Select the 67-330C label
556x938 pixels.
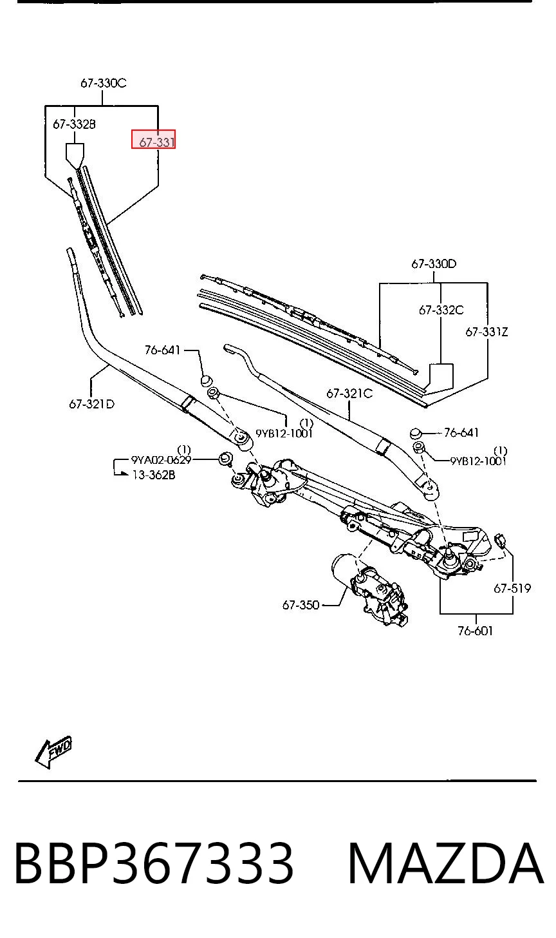coord(103,83)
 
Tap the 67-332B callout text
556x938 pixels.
coord(74,124)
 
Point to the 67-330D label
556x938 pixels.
coord(434,264)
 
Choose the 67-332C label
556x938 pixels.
coord(441,311)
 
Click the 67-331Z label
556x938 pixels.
coord(486,332)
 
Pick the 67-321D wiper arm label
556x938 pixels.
coord(91,404)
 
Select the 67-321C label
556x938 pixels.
coord(349,394)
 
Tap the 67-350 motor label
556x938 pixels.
coord(301,605)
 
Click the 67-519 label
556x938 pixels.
coord(512,588)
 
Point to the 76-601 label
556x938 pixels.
coord(476,631)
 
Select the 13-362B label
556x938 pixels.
coord(154,475)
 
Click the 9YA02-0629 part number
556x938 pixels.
coord(161,460)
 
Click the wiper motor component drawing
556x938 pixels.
coord(369,589)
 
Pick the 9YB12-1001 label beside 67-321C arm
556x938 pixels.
coord(478,461)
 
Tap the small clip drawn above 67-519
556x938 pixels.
coord(501,541)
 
